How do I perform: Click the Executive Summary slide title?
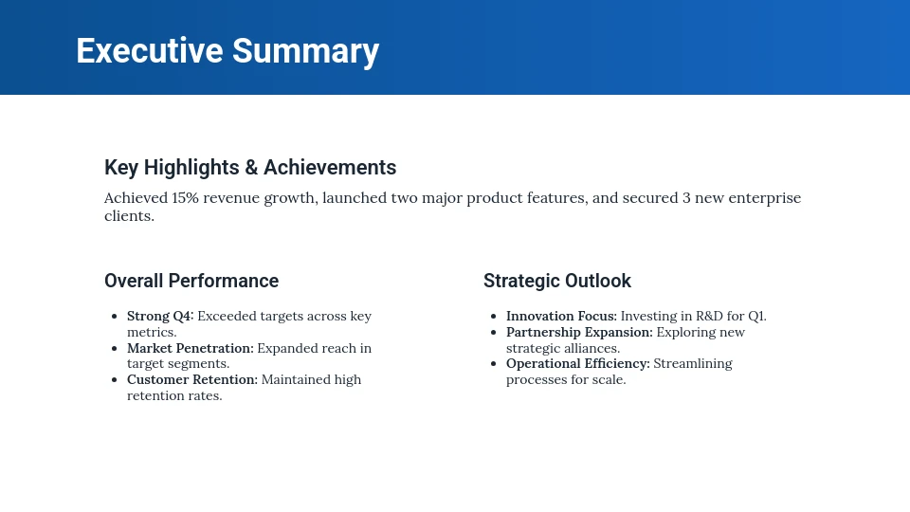point(227,51)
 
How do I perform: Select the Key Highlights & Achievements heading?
point(250,168)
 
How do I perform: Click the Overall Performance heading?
point(191,282)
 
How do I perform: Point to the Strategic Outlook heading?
point(557,282)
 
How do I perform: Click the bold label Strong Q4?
point(160,317)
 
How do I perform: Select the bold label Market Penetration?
point(191,348)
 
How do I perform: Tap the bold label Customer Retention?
point(192,380)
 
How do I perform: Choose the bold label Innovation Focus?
point(561,317)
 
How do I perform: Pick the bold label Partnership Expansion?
point(579,333)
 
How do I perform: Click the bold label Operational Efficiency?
point(578,364)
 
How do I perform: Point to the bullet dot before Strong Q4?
point(115,317)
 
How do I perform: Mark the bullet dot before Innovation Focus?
point(494,317)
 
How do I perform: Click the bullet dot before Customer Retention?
point(115,380)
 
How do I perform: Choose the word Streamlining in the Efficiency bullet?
point(693,364)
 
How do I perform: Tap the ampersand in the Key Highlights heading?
point(251,168)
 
